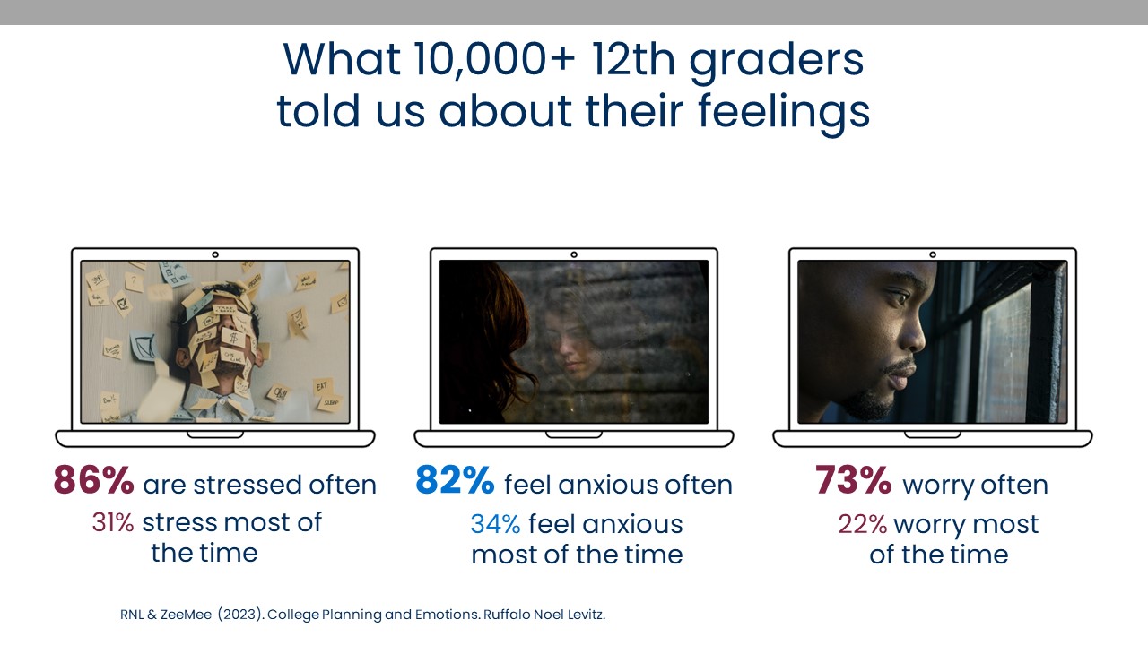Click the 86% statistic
[93, 481]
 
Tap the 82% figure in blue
[455, 481]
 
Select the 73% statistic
[853, 481]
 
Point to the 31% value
[112, 522]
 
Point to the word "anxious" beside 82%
[607, 485]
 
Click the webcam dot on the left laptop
[215, 254]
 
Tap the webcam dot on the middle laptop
[574, 254]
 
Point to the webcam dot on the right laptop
[933, 254]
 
